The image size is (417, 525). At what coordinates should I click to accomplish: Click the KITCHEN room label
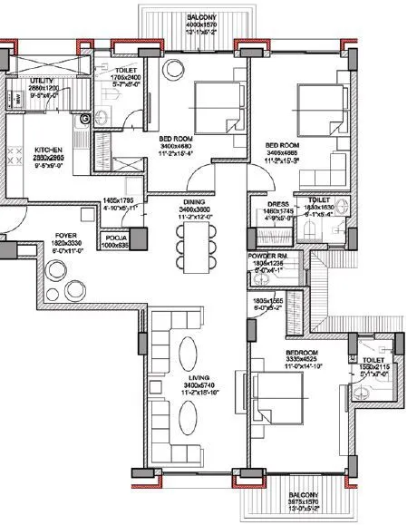coord(47,151)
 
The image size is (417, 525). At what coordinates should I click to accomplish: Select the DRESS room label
coord(277,205)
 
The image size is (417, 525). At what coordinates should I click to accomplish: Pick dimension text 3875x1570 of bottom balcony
coord(296,502)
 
